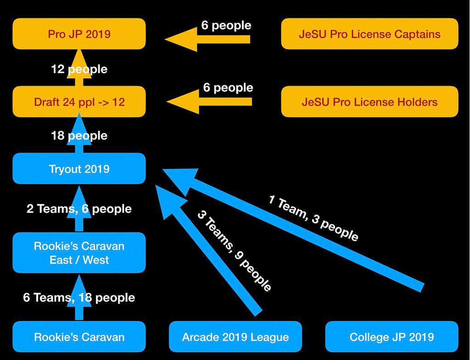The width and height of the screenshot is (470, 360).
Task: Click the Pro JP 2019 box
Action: pos(79,34)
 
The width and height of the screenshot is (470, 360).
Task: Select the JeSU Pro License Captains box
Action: pos(369,34)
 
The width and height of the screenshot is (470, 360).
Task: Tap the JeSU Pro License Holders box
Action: pos(369,101)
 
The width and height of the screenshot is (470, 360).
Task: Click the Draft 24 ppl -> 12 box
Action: pos(79,101)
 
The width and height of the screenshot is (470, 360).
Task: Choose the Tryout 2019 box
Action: pos(79,169)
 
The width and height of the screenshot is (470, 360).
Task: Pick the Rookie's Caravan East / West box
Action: pos(79,253)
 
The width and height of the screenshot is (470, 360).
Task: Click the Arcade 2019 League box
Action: pos(235,337)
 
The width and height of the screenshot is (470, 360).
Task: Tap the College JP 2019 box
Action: pos(392,337)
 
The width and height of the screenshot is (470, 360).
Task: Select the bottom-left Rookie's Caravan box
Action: pos(79,337)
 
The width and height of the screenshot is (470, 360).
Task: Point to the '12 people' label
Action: pos(79,69)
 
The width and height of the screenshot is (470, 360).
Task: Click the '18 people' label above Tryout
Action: pos(79,135)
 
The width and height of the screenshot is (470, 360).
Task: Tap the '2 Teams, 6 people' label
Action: pos(79,209)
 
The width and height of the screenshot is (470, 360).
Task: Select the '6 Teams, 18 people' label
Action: pos(79,297)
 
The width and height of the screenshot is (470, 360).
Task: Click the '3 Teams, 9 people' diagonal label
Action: pos(234,251)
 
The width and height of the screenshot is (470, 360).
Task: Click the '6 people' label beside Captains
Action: pos(226,25)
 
